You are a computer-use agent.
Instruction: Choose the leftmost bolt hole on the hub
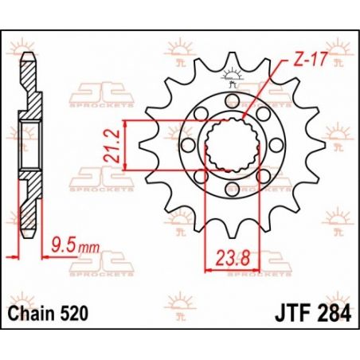click(x=188, y=144)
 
